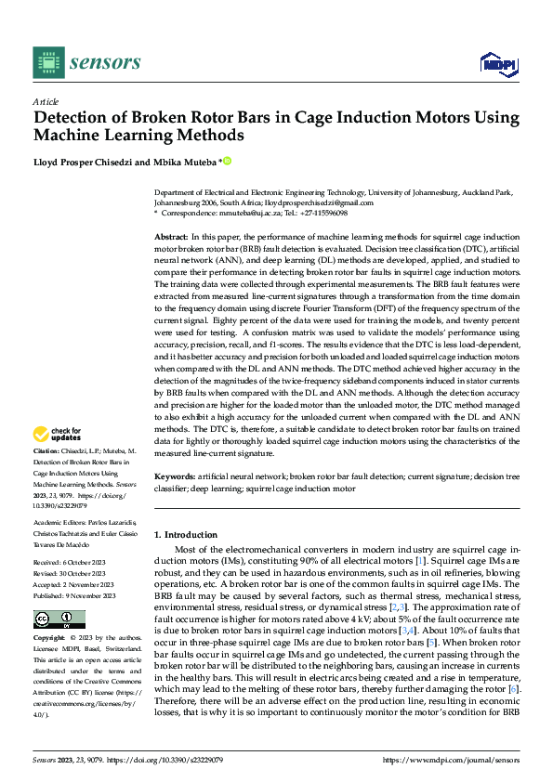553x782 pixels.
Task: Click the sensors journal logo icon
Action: point(46,61)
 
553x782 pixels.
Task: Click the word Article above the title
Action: point(46,101)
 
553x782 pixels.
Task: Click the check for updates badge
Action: point(59,434)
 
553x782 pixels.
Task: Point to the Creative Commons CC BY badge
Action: point(59,619)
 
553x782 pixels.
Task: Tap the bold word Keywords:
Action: point(175,476)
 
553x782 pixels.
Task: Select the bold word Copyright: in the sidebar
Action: point(50,639)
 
